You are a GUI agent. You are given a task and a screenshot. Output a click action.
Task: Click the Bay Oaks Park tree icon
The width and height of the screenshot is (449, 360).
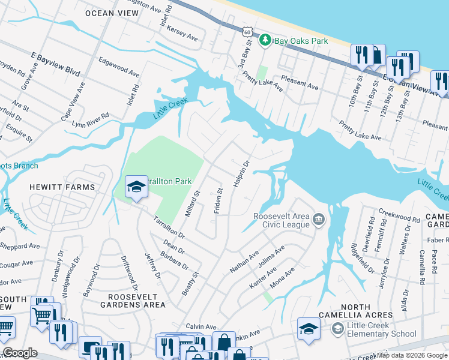(265, 41)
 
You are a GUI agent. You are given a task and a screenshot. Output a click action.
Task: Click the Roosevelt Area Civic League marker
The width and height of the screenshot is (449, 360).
(318, 220)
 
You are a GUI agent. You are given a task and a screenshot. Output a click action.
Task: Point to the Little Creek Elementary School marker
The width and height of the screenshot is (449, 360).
(338, 329)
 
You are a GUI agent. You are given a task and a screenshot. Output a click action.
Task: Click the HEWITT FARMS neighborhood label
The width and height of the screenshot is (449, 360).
(62, 187)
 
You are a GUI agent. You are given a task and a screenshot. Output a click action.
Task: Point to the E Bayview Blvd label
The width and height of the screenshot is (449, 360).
(56, 63)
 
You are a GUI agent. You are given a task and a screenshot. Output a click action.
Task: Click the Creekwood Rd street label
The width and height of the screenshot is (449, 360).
(399, 215)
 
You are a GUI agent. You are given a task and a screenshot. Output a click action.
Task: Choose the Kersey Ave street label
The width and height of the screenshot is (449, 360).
(183, 33)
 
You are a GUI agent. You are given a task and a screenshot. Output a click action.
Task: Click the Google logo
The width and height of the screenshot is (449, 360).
(20, 352)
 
